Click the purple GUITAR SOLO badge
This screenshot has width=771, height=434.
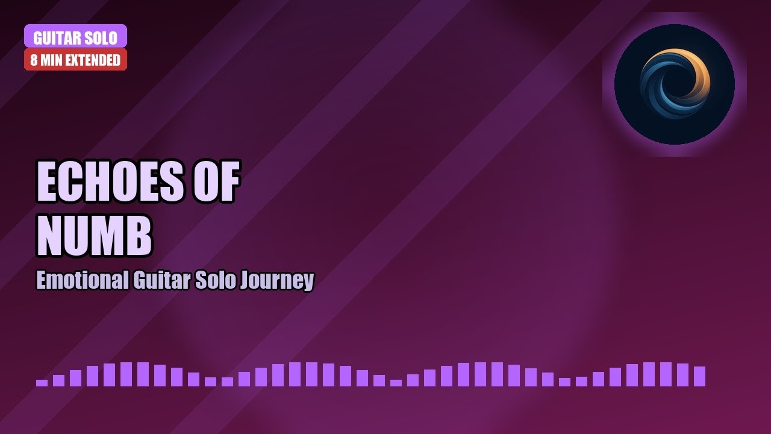click(x=75, y=36)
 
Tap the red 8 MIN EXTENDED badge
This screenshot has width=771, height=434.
click(x=75, y=60)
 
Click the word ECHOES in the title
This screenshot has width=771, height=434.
click(x=110, y=182)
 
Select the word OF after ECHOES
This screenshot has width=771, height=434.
click(x=216, y=182)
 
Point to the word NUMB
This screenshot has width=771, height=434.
click(x=94, y=235)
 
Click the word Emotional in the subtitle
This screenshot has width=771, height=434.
click(x=82, y=280)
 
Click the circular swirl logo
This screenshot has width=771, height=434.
click(x=675, y=84)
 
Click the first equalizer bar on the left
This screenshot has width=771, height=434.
click(x=42, y=382)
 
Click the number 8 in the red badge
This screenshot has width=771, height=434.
click(x=34, y=60)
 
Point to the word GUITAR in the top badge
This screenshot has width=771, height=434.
click(x=57, y=38)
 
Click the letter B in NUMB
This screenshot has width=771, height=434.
click(x=138, y=235)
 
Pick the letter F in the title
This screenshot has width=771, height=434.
click(x=229, y=182)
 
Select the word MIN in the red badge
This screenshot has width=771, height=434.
click(x=52, y=60)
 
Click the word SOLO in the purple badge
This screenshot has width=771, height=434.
click(x=100, y=38)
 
